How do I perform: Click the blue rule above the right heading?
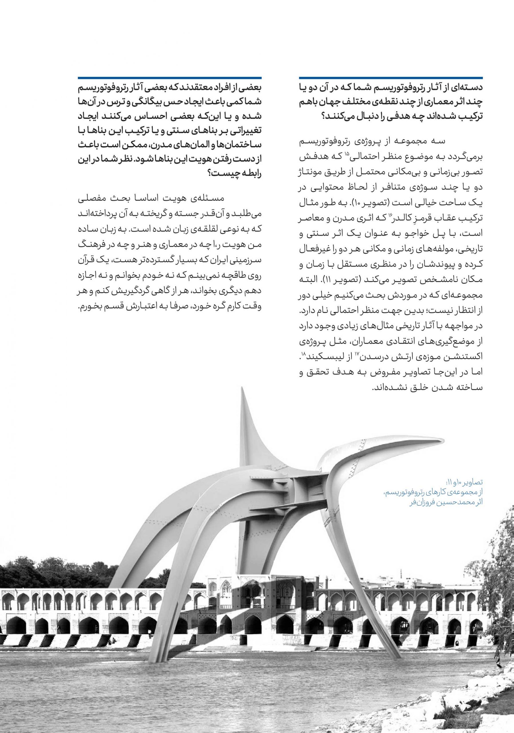tap(391, 78)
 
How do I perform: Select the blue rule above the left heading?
tap(170, 78)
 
